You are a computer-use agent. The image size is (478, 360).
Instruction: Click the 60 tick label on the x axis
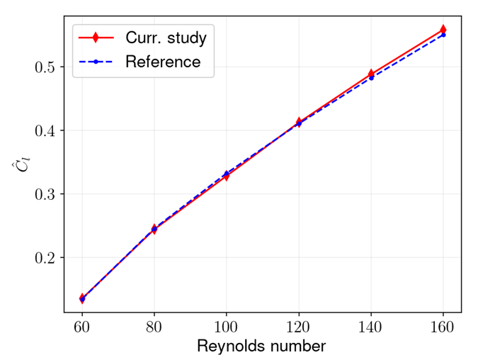pyautogui.click(x=82, y=327)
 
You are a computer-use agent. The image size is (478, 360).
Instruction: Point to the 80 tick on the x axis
pyautogui.click(x=154, y=327)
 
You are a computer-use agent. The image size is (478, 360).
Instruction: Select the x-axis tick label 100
pyautogui.click(x=227, y=327)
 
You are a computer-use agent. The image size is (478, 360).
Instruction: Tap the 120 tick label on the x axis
pyautogui.click(x=299, y=327)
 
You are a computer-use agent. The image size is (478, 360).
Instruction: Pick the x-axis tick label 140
pyautogui.click(x=371, y=327)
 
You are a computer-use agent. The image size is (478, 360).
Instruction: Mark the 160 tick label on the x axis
pyautogui.click(x=443, y=327)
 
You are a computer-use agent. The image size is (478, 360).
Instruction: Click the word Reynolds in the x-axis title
pyautogui.click(x=230, y=347)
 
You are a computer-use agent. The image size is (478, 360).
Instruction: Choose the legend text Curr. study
pyautogui.click(x=166, y=37)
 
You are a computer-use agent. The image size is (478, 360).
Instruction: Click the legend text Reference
pyautogui.click(x=163, y=62)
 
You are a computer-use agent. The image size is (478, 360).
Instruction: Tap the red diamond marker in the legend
pyautogui.click(x=96, y=37)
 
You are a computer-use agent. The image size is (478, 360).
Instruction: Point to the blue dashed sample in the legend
pyautogui.click(x=96, y=62)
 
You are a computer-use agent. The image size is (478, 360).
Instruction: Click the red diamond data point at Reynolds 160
pyautogui.click(x=443, y=30)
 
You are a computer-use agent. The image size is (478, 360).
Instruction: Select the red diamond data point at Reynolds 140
pyautogui.click(x=371, y=74)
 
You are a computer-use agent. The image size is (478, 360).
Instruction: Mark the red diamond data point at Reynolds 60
pyautogui.click(x=82, y=298)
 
